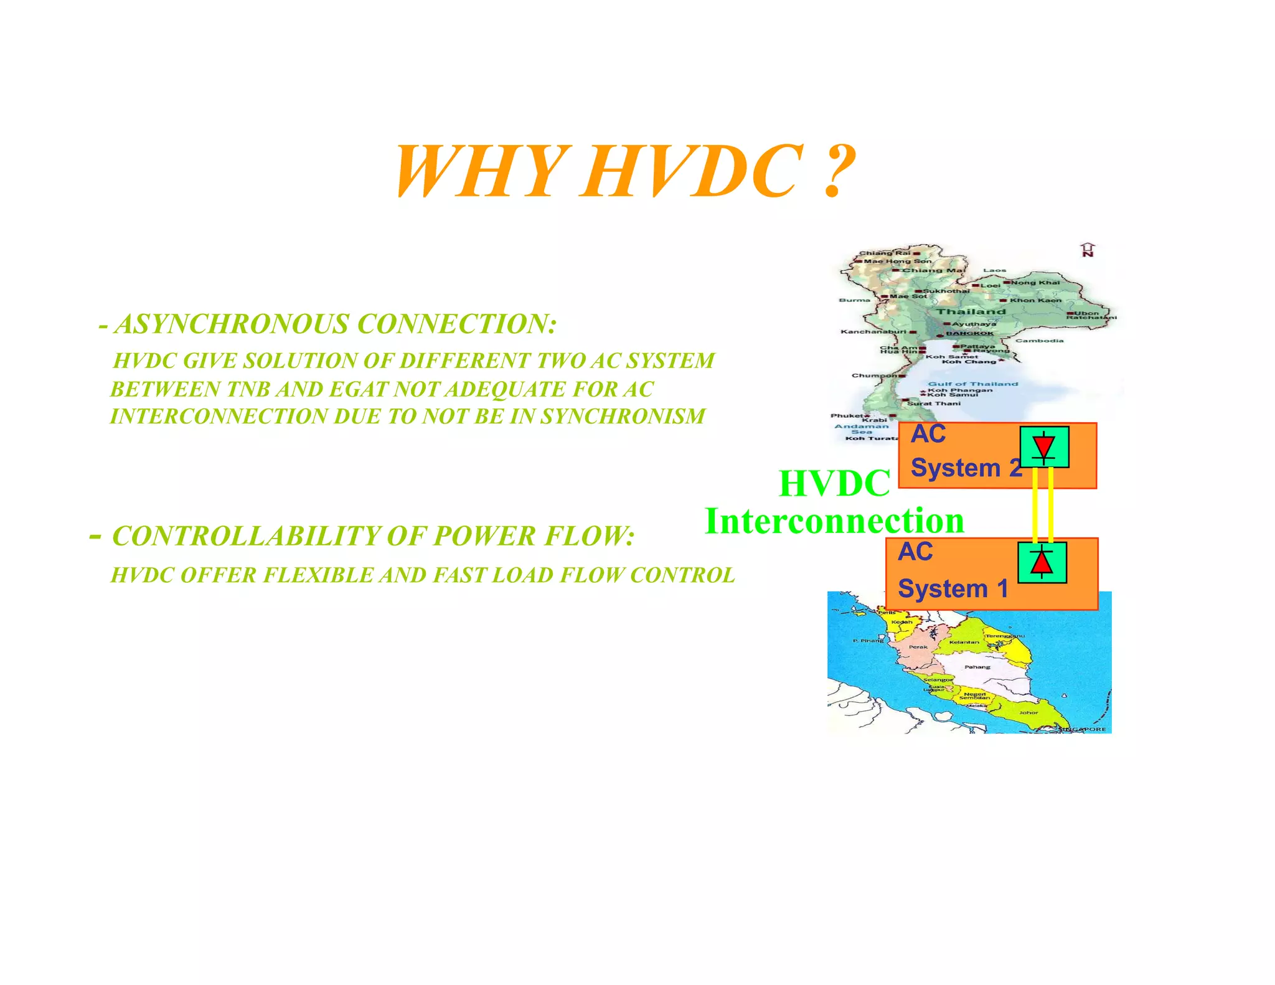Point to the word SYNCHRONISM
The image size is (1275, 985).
(623, 416)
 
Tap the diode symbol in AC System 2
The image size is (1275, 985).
(1043, 447)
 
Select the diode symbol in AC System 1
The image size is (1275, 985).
(1042, 562)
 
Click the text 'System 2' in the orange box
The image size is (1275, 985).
(966, 468)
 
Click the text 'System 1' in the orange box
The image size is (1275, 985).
(953, 588)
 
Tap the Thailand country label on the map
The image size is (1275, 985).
(971, 311)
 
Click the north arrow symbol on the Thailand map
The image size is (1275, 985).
(1088, 250)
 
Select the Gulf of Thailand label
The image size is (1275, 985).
(972, 384)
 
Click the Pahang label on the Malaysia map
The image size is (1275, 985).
(977, 667)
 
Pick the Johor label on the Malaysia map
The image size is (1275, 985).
(1028, 712)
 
